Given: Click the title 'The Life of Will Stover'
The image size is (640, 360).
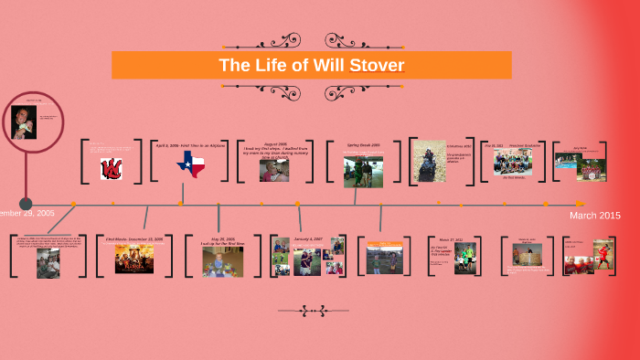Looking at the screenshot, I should click(x=311, y=66).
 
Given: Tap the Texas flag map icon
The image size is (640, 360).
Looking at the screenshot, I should click(x=191, y=164).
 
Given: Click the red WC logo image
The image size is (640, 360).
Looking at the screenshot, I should click(x=112, y=168).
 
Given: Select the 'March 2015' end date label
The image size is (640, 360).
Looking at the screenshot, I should click(x=595, y=216).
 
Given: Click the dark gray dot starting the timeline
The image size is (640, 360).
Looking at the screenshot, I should click(x=26, y=204).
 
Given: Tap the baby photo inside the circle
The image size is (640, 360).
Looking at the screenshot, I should click(x=24, y=122).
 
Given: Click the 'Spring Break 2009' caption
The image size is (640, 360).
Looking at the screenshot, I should click(x=363, y=145).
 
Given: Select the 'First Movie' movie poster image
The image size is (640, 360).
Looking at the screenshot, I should click(x=133, y=259).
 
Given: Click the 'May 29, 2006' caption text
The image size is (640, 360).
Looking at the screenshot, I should click(x=223, y=239).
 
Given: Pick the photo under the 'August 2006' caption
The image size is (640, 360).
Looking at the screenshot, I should click(x=274, y=170).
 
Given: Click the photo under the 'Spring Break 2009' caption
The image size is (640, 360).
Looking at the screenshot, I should click(x=363, y=171).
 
